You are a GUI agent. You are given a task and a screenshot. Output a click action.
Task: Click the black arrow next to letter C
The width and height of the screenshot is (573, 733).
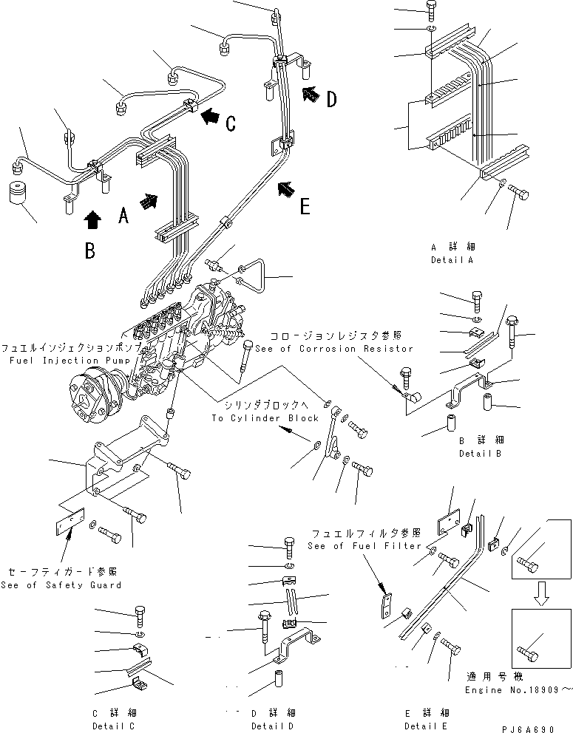211,115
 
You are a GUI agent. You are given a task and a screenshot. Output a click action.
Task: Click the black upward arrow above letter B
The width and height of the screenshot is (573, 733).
92,219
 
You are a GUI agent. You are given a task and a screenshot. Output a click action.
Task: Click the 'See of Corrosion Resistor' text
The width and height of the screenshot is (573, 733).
334,348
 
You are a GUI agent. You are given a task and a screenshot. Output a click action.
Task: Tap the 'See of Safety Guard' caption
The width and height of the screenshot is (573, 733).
61,585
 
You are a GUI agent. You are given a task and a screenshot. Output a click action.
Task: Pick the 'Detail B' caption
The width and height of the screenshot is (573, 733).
480,453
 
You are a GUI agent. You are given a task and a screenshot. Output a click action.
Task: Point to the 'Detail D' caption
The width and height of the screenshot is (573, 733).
273,726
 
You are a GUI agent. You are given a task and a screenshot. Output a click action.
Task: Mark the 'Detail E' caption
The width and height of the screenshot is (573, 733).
427,726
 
